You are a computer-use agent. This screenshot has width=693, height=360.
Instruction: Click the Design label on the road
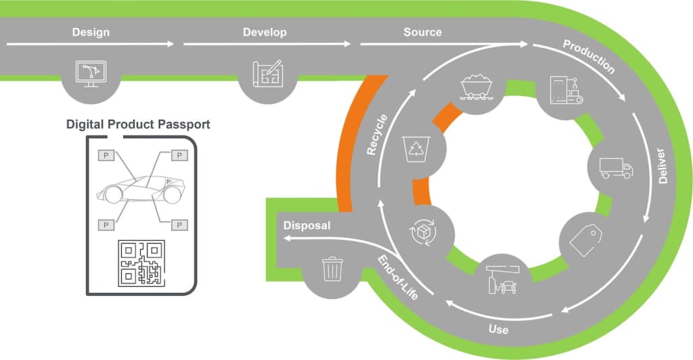point(90,32)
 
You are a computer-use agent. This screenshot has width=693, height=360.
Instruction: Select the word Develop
point(265,32)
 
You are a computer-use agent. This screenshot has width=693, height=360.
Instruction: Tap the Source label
point(422,32)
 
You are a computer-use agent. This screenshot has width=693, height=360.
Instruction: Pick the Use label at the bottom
point(499,330)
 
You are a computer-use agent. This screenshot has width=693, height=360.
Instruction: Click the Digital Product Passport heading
point(138,125)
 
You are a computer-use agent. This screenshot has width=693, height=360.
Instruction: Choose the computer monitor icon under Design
point(91,72)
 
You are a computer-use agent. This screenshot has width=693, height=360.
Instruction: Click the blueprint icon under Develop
point(267,73)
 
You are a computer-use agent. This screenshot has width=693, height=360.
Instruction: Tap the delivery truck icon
point(616,167)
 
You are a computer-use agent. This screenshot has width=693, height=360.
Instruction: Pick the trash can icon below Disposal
point(332,269)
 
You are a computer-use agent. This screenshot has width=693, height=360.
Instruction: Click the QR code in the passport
point(141,263)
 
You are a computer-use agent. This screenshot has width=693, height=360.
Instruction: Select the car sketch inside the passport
point(140,189)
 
